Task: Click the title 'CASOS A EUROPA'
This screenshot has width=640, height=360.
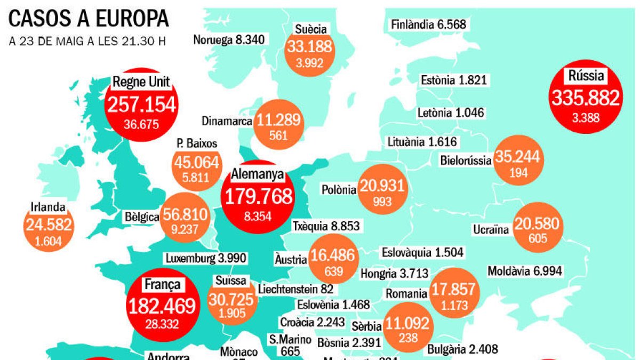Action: pos(89,19)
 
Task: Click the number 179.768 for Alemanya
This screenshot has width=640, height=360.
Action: pos(258,196)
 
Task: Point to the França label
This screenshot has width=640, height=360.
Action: pos(161,284)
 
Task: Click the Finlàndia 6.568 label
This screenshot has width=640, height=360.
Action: pos(428,25)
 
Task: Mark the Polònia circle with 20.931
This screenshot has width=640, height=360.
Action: pos(382,189)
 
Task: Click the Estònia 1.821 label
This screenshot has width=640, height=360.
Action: pos(453,81)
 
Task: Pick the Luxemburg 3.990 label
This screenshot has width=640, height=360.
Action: pos(206,258)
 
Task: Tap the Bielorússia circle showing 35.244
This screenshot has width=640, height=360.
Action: pos(518,160)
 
